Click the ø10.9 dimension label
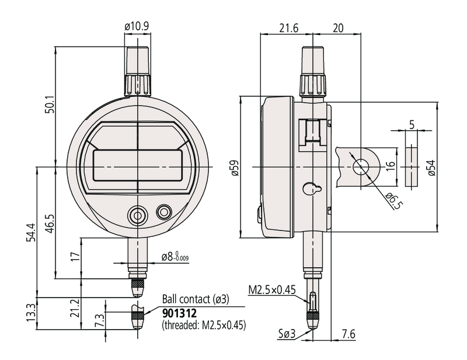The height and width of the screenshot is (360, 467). click(138, 26)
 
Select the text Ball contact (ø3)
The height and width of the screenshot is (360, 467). click(195, 299)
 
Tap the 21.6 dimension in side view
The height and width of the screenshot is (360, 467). click(288, 28)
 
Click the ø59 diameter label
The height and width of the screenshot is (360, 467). click(234, 167)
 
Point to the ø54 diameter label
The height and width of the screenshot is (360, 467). click(431, 167)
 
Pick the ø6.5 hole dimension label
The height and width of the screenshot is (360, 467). click(395, 201)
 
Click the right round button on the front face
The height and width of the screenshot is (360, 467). click(163, 212)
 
